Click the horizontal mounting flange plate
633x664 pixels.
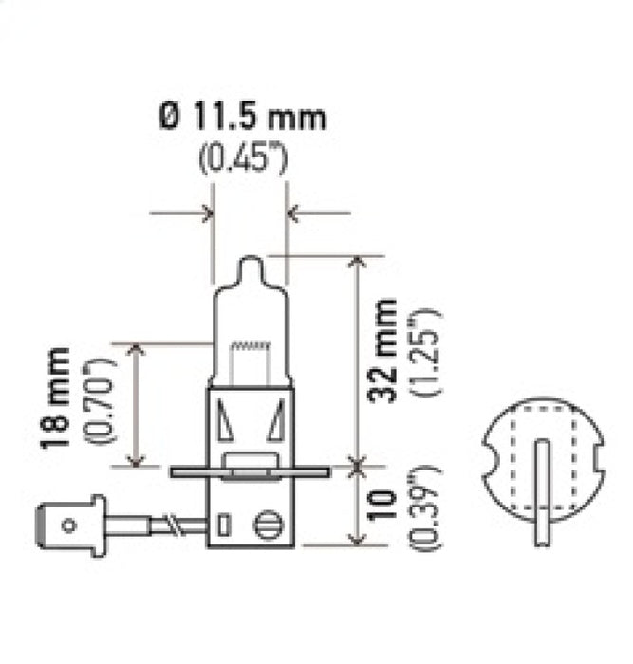pyautogui.click(x=249, y=470)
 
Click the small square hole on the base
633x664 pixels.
pyautogui.click(x=225, y=524)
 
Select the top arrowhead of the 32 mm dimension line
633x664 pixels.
pyautogui.click(x=357, y=262)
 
